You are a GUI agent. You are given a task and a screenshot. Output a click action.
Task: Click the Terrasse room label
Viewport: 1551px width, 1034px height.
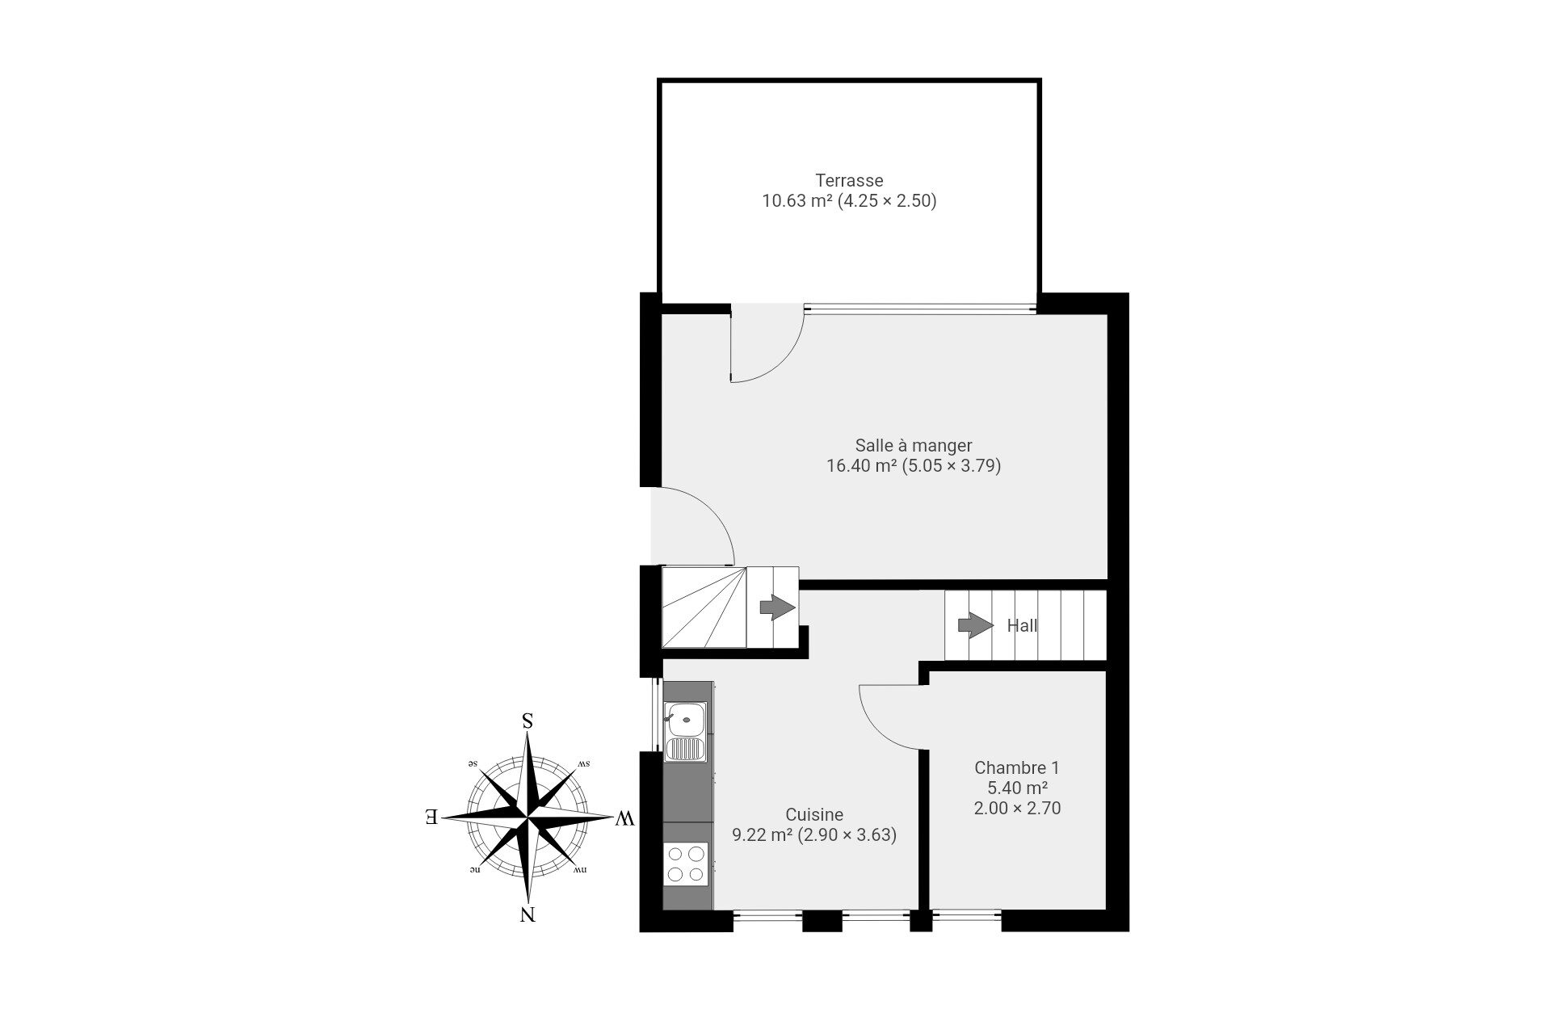849,180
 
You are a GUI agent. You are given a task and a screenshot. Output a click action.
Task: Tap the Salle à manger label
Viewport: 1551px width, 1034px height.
914,445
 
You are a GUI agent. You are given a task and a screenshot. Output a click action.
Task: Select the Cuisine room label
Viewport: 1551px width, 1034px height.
814,815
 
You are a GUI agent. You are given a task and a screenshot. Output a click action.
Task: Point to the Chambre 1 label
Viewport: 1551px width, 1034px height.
1017,767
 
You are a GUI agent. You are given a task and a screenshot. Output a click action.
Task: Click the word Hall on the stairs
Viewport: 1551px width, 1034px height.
1022,625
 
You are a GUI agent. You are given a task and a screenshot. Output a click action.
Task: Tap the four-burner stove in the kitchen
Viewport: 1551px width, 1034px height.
686,863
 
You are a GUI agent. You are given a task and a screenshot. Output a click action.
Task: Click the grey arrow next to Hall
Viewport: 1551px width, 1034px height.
976,625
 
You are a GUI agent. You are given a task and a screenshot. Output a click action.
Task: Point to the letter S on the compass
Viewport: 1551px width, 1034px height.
528,721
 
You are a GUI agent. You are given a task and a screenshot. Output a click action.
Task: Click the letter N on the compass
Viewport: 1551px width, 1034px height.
528,915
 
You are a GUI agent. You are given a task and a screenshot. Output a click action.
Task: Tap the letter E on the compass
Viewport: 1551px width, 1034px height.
432,817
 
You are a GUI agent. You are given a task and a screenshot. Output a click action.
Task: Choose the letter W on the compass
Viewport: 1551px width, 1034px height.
624,819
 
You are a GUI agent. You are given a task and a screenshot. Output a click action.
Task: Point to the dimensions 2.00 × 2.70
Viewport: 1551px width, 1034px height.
1017,808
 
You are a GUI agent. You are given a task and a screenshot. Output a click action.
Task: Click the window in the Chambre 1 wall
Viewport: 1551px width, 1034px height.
966,916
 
